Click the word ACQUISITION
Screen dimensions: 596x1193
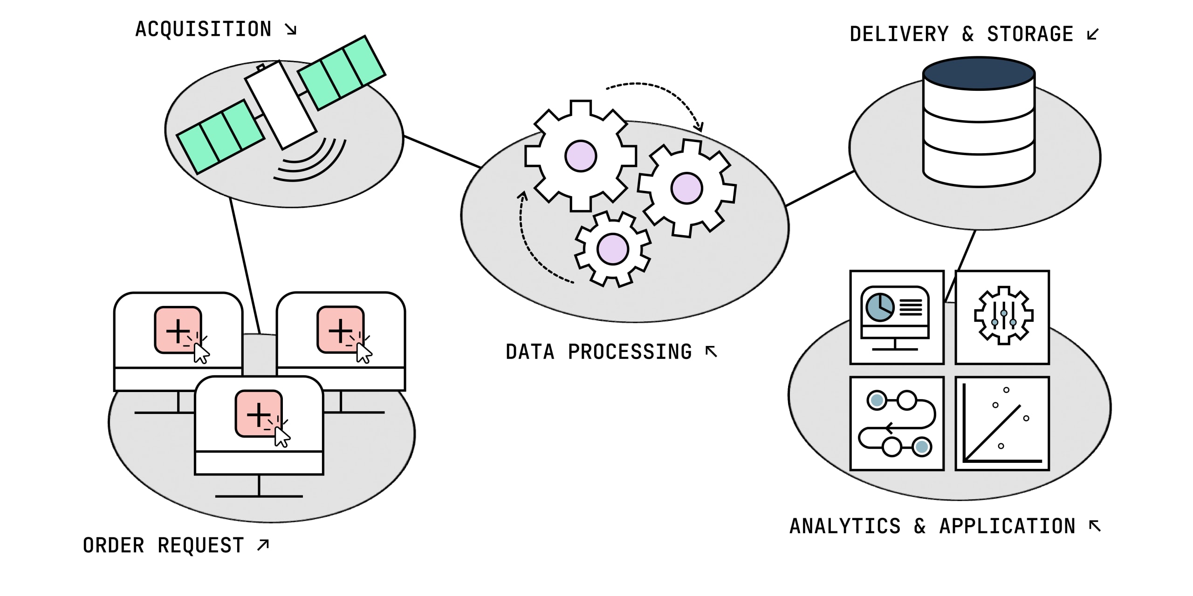coord(203,29)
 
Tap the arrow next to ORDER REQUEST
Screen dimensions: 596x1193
coord(263,544)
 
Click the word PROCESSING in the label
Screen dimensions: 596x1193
coord(630,352)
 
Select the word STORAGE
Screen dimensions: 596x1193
coord(1030,34)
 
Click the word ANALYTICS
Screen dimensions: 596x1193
coord(845,526)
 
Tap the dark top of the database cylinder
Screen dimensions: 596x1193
coord(979,73)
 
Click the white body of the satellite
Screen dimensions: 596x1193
coord(281,104)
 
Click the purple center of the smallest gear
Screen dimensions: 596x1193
coord(612,249)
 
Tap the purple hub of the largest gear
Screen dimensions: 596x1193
coord(581,156)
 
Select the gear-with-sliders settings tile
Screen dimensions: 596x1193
coord(1002,317)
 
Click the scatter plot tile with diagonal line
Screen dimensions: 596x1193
coord(1002,424)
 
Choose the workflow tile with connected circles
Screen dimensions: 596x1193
coord(897,424)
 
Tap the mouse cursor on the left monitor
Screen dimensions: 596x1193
coord(201,353)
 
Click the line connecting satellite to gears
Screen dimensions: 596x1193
coord(442,151)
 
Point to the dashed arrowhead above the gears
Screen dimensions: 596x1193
coord(699,126)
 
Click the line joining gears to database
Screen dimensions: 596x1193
coord(820,189)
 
